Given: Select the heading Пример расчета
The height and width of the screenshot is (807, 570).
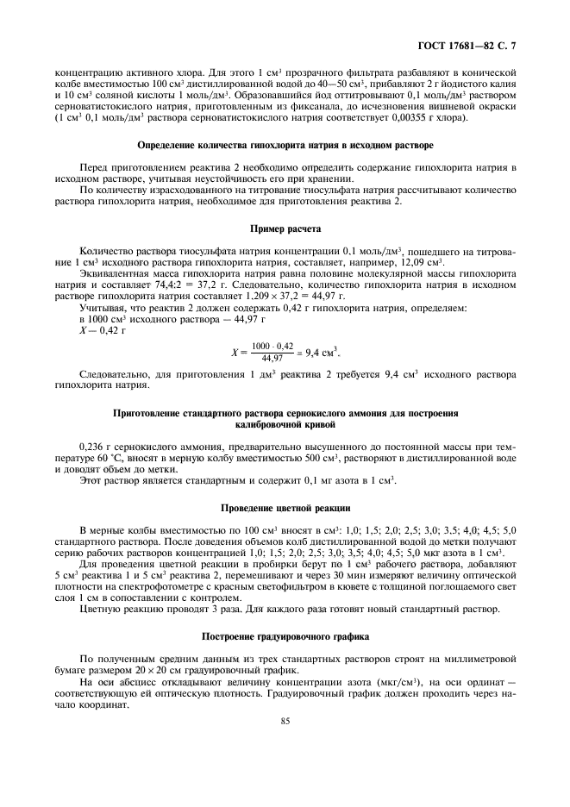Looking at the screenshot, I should click(x=284, y=230).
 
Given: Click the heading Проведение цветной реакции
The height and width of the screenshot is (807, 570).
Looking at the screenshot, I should click(x=284, y=506).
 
